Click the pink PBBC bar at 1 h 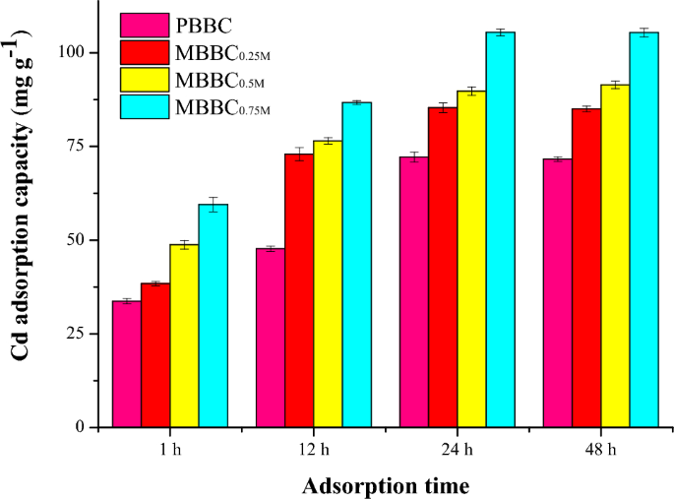click(x=126, y=364)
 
